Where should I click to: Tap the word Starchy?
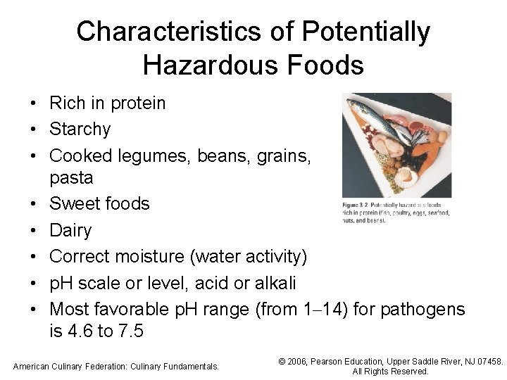click(80, 129)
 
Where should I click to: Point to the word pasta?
click(71, 177)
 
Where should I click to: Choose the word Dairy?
click(70, 230)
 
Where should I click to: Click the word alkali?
click(272, 283)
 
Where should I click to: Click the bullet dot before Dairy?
click(33, 230)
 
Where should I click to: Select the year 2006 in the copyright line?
click(301, 362)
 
